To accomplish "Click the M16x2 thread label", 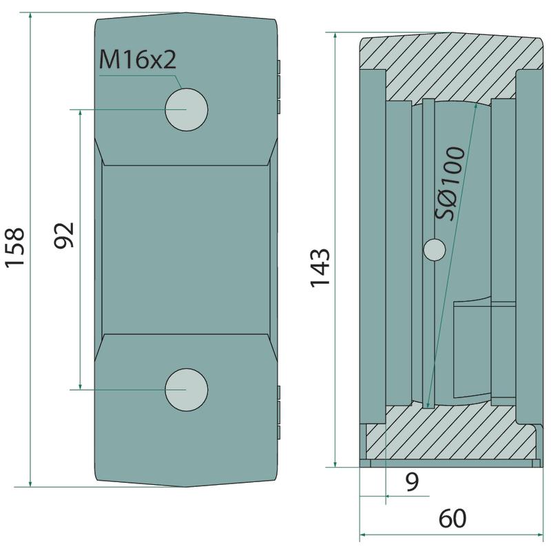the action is click(x=137, y=60).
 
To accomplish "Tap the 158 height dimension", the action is click(x=14, y=248).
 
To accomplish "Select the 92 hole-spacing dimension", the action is click(x=64, y=236).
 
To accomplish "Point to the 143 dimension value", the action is click(x=320, y=268).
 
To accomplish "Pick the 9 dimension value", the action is click(x=412, y=481).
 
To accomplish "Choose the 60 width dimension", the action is click(x=453, y=519).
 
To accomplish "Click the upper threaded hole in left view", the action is click(x=186, y=110).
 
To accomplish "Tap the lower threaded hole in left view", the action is click(x=186, y=390).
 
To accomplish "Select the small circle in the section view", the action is click(x=435, y=250).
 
